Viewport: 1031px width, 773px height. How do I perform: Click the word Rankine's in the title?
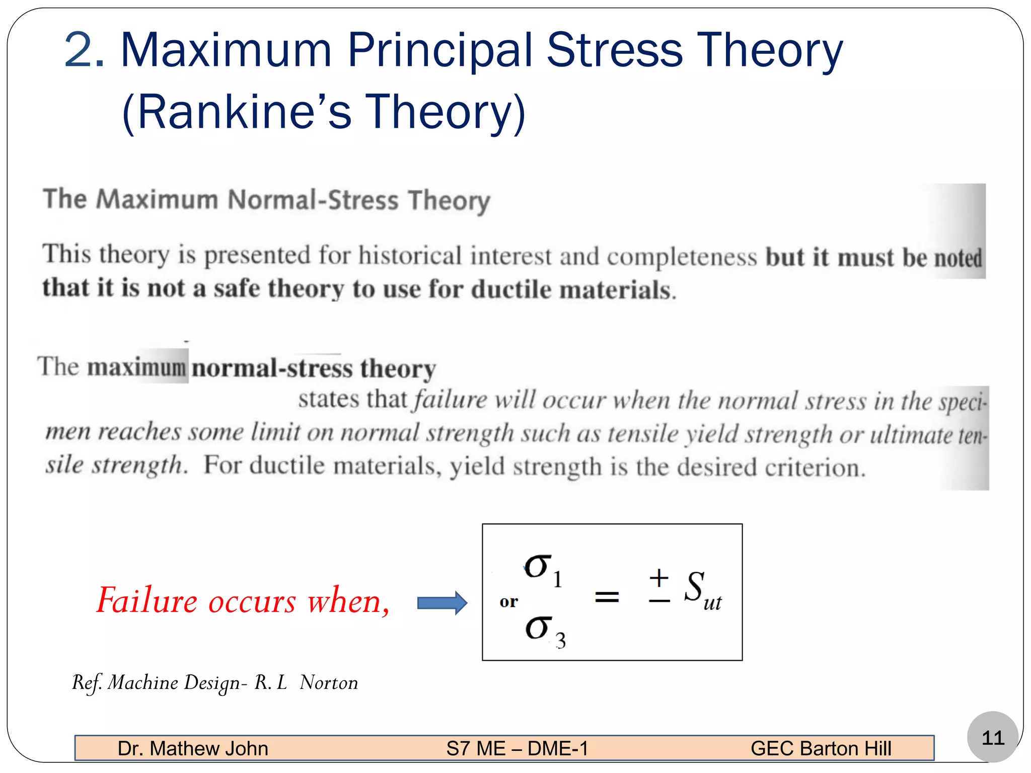(x=237, y=112)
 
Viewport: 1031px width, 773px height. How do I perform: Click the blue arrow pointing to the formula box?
(x=442, y=602)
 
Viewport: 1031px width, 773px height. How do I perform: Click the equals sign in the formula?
(x=607, y=597)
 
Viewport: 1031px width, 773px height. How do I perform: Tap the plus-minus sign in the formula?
(x=659, y=586)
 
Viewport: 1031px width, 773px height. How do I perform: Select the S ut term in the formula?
(x=702, y=590)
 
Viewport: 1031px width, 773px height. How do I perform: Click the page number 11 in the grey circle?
(x=992, y=738)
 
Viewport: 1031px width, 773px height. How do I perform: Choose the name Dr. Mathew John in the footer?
(x=193, y=748)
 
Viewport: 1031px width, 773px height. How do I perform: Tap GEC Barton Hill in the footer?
(x=821, y=748)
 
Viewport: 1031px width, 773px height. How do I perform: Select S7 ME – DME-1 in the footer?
(x=517, y=748)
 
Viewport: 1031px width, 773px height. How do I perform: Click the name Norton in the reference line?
(x=329, y=683)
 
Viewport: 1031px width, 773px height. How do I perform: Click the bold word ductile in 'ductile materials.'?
(x=511, y=290)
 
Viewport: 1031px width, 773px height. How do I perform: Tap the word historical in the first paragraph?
(x=410, y=256)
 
